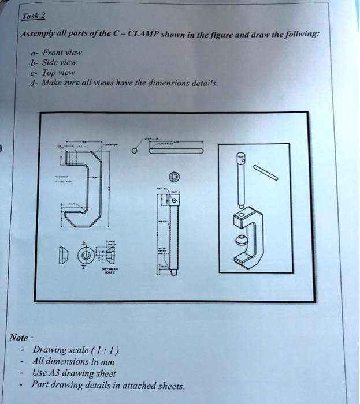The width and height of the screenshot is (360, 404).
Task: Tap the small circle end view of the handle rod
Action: click(134, 152)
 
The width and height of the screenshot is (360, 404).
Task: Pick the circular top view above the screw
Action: click(175, 178)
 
